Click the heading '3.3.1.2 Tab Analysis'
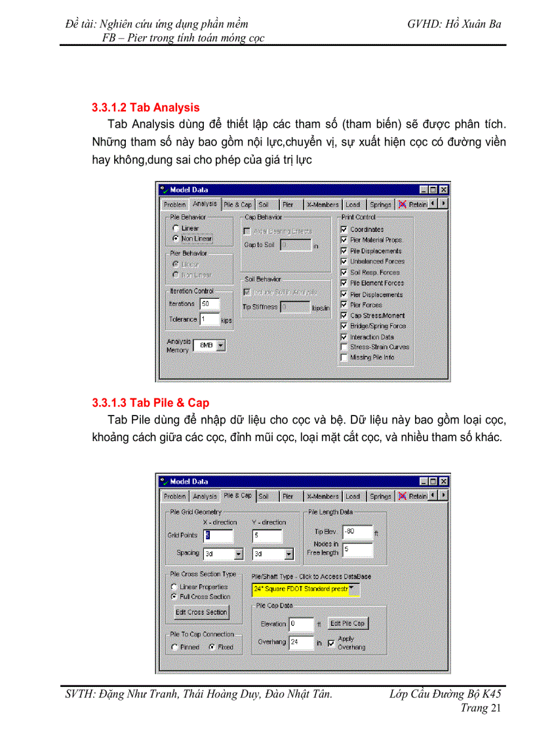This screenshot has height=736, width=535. (x=146, y=107)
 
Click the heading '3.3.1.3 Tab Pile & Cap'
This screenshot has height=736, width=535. (x=150, y=402)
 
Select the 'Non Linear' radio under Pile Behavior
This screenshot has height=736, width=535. (x=176, y=239)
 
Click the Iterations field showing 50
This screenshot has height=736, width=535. (x=210, y=304)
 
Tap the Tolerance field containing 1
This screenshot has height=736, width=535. (x=210, y=319)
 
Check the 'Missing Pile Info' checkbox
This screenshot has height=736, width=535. (x=344, y=358)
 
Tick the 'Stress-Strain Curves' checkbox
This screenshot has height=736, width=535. (x=344, y=347)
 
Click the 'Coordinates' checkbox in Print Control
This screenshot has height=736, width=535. (x=344, y=229)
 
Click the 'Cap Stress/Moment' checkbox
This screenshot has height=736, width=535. (x=344, y=315)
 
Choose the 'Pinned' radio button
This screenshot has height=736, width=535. (x=174, y=647)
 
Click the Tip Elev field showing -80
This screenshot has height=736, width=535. (x=357, y=532)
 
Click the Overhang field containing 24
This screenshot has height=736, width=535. (x=301, y=642)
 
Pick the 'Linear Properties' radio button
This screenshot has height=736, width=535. (x=174, y=587)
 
